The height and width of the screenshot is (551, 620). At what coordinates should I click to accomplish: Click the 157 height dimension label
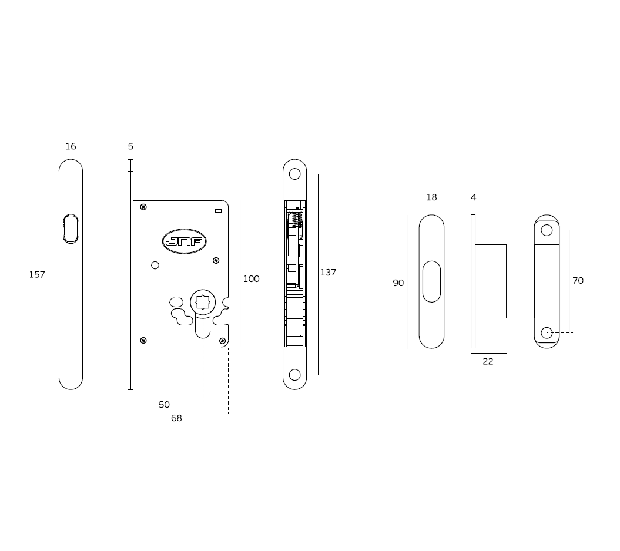(x=37, y=274)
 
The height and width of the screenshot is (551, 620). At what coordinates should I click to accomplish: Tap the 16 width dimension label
(x=71, y=146)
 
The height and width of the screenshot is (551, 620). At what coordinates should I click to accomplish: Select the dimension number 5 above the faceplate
(x=130, y=146)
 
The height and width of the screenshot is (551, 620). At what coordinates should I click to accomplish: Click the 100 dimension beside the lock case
(x=251, y=279)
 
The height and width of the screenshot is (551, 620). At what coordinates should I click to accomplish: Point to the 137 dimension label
(x=328, y=273)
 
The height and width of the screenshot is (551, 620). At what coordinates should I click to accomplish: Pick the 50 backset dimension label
(x=164, y=405)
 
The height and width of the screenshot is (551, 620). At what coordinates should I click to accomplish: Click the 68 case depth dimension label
(x=176, y=418)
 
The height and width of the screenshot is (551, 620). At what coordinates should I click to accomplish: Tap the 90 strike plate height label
(x=398, y=283)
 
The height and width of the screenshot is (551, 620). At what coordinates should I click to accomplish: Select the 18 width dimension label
(x=431, y=197)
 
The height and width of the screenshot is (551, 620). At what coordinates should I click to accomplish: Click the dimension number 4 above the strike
(x=473, y=197)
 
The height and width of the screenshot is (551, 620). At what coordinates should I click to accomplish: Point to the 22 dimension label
(x=488, y=362)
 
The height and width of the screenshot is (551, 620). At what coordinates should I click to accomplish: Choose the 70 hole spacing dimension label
(x=578, y=281)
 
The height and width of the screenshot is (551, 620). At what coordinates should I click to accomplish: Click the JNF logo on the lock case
(x=184, y=241)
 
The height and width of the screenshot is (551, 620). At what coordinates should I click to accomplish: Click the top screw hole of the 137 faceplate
(x=295, y=174)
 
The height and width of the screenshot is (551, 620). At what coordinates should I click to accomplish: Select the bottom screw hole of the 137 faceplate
(x=295, y=375)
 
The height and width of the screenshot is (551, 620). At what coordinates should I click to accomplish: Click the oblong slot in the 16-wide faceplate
(x=71, y=229)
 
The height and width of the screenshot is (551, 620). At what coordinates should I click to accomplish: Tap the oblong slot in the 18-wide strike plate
(x=431, y=281)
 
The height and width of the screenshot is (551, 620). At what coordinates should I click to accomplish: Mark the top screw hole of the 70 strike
(x=547, y=230)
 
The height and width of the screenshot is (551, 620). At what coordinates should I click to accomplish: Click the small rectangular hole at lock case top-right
(x=218, y=210)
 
